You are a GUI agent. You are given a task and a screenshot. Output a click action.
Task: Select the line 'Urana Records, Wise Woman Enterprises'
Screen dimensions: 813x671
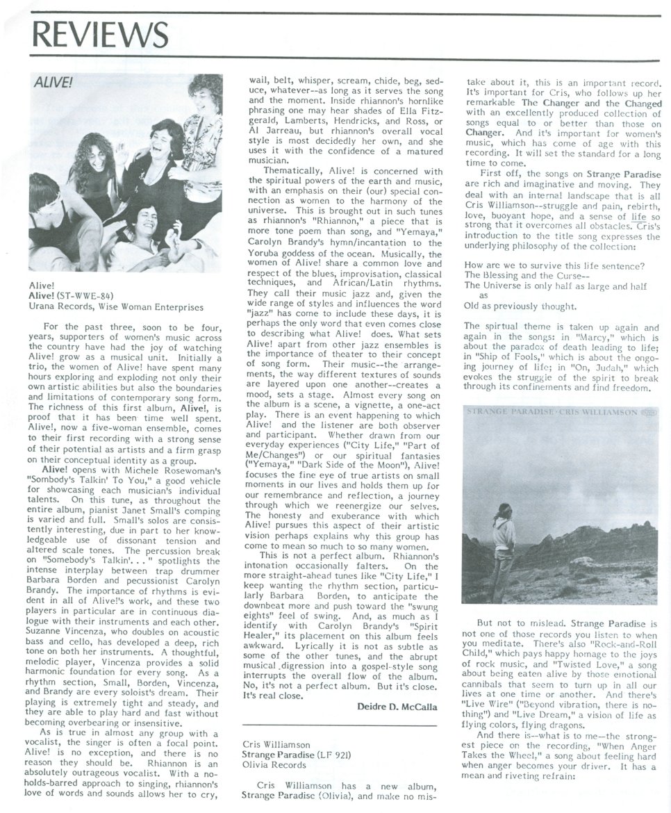click(116, 306)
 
